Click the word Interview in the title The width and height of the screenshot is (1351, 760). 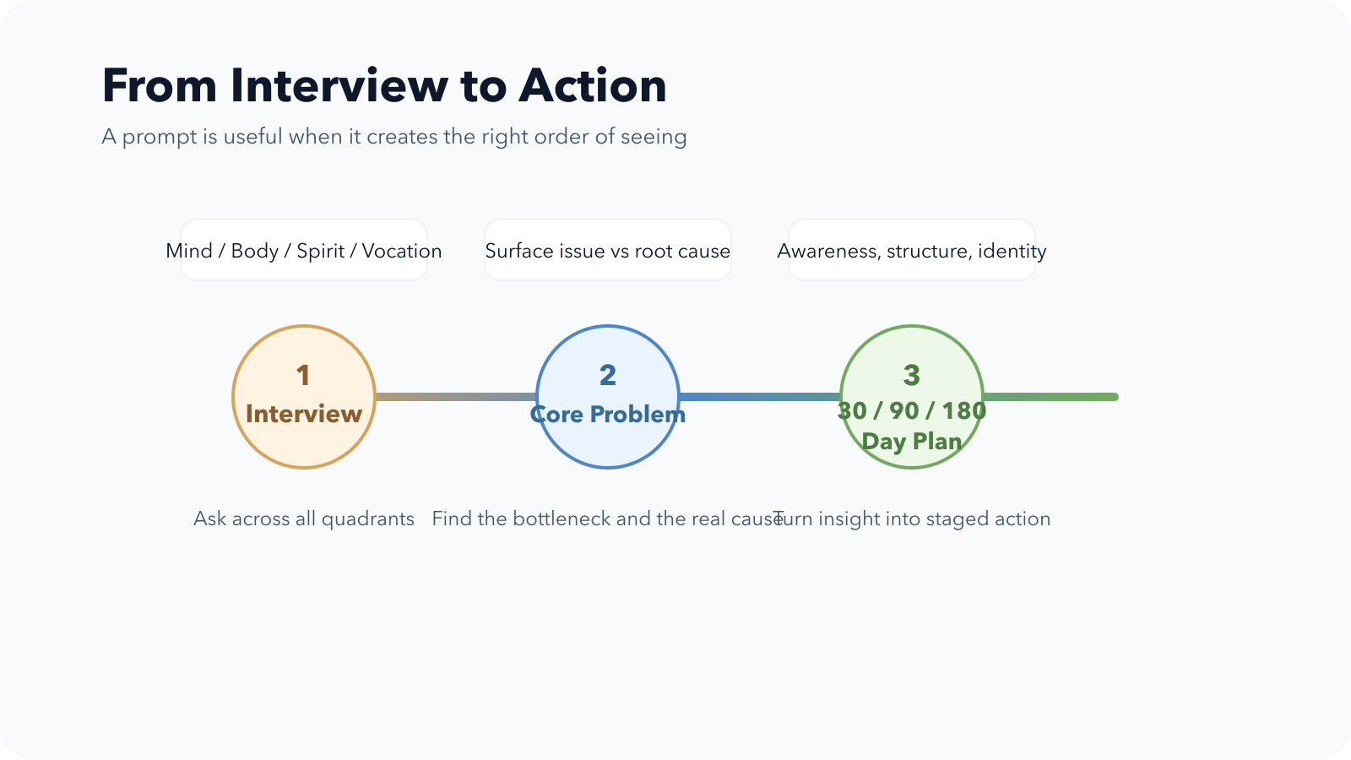click(x=339, y=85)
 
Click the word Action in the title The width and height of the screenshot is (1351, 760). click(x=592, y=85)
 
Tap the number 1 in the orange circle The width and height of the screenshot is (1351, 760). click(x=303, y=375)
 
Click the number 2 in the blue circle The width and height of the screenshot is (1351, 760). click(x=607, y=375)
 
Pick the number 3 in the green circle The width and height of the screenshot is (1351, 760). click(x=911, y=375)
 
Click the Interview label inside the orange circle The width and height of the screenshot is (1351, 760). click(x=304, y=414)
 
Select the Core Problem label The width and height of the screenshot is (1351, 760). click(x=608, y=415)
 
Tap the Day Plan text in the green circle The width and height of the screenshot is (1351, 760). click(x=911, y=442)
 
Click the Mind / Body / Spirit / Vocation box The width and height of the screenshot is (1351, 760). click(x=304, y=250)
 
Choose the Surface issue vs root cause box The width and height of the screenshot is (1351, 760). click(x=608, y=250)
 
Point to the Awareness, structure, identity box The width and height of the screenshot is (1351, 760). click(x=912, y=250)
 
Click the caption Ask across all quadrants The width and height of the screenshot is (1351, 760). click(x=303, y=518)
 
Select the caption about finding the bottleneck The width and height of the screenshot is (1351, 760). click(x=607, y=518)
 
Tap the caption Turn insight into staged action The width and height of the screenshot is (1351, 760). click(x=911, y=518)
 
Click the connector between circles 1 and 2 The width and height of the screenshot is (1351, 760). click(x=456, y=397)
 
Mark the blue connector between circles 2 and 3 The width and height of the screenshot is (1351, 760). click(x=760, y=397)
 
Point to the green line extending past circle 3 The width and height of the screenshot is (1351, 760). click(x=1050, y=397)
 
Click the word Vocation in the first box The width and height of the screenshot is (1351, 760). click(x=402, y=251)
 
